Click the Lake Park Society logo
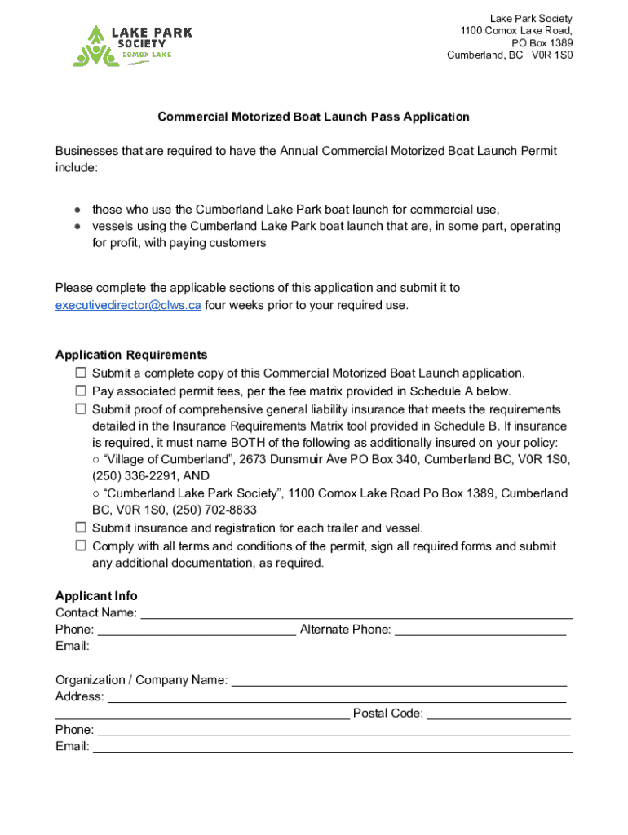click(x=132, y=45)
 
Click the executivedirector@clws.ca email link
click(x=128, y=305)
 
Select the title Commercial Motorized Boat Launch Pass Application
click(x=313, y=117)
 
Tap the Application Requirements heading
click(x=131, y=355)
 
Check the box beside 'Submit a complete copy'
click(x=81, y=373)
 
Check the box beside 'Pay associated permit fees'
click(x=81, y=391)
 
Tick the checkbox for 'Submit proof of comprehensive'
click(x=81, y=409)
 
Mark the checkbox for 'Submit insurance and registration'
click(x=81, y=528)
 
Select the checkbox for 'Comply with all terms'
click(x=81, y=546)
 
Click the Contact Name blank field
click(x=356, y=613)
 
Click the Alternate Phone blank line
click(x=480, y=630)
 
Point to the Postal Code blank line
click(x=498, y=714)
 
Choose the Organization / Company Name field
click(x=400, y=681)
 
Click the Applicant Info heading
click(x=96, y=595)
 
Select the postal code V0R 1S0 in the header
click(x=552, y=55)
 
